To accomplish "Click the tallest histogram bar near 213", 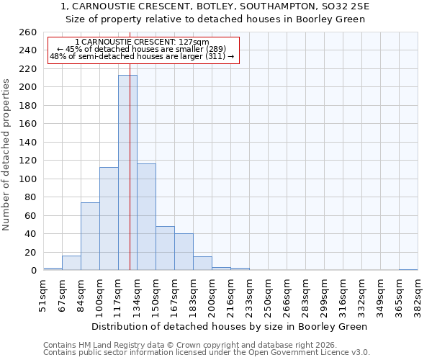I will point(127,173).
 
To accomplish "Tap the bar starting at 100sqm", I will point(109,219).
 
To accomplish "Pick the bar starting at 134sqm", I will point(146,217).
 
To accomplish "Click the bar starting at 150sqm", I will point(165,248).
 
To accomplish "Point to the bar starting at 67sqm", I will point(71,264).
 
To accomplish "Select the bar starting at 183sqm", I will point(202,264).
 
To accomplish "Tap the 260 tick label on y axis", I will point(27,32).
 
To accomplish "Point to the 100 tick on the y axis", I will point(27,179).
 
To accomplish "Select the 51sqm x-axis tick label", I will point(43,295).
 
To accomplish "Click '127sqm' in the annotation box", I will point(194,42).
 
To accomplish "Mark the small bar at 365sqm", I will point(408,270).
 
